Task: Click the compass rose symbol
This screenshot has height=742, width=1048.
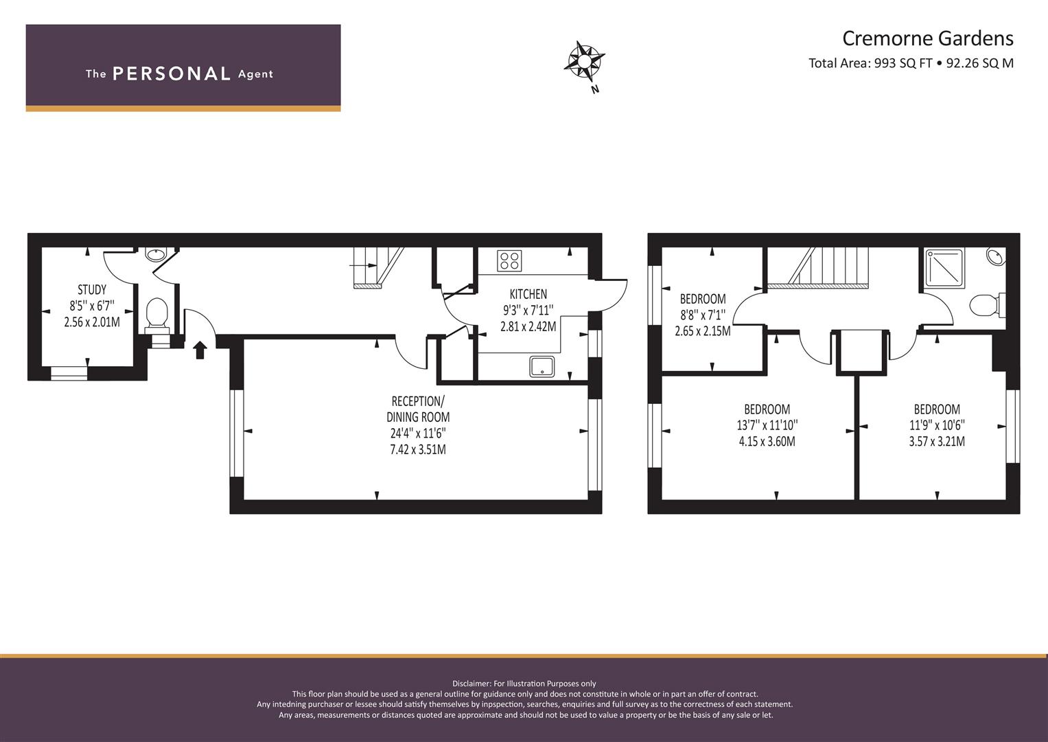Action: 584,61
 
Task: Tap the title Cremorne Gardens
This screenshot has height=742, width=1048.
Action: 928,38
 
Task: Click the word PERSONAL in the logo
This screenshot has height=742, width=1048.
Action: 172,74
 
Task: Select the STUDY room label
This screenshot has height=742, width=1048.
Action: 92,289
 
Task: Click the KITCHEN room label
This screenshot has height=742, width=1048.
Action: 528,294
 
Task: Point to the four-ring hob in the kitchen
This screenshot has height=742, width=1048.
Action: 509,261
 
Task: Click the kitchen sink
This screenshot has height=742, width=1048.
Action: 542,367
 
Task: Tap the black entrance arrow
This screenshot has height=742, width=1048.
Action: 200,350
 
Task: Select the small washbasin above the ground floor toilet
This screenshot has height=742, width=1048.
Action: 155,254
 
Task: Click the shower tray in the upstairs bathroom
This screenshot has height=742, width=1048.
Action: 944,268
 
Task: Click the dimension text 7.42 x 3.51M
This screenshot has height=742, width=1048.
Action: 418,450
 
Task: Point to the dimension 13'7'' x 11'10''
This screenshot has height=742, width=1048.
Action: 767,425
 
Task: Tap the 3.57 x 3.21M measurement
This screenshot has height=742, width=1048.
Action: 937,441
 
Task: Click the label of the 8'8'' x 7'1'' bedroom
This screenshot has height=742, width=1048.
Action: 703,299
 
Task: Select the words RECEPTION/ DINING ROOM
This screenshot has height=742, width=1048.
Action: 418,409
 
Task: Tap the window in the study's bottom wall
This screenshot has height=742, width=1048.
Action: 69,373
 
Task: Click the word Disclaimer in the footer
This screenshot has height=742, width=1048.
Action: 471,684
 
